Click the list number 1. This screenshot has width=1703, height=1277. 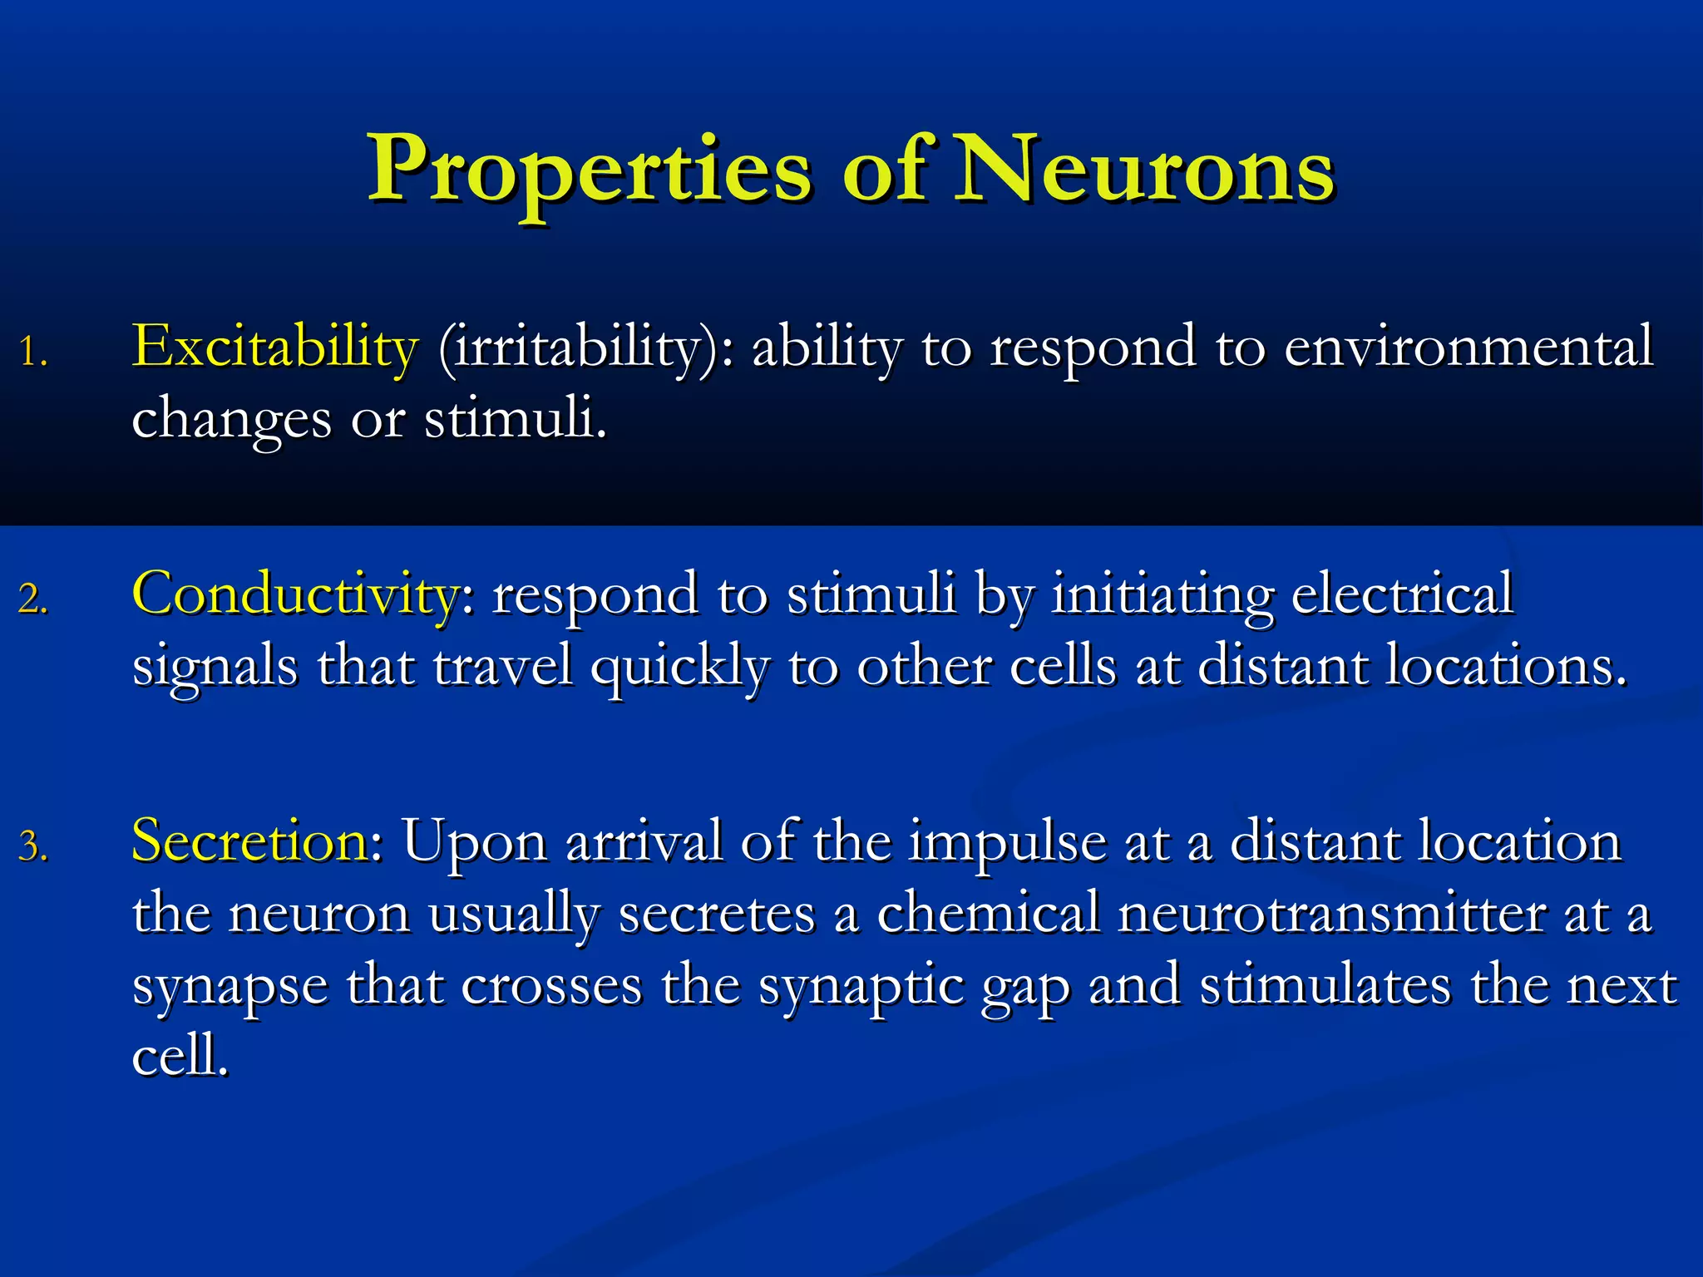(33, 353)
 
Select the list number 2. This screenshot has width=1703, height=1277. (33, 599)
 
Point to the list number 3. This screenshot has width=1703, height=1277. (33, 847)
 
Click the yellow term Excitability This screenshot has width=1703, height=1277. (274, 348)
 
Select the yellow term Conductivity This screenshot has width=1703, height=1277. (295, 595)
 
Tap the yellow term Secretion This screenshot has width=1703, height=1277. (249, 841)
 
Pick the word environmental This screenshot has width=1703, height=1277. (1468, 348)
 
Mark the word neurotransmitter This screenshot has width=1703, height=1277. (1330, 915)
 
